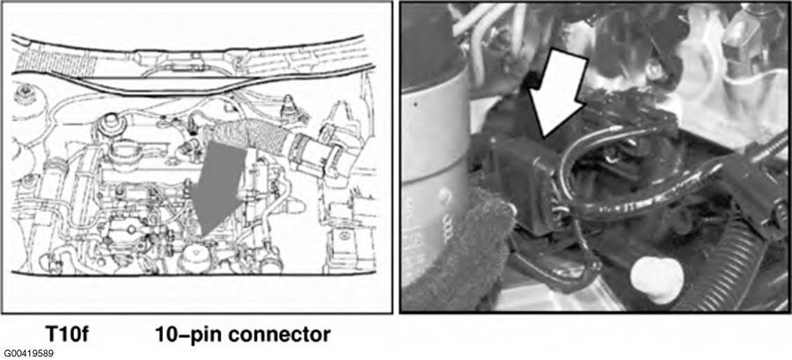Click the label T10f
[67, 334]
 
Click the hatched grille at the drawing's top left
[55, 61]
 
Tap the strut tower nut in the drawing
[25, 95]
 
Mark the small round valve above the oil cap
[107, 124]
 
